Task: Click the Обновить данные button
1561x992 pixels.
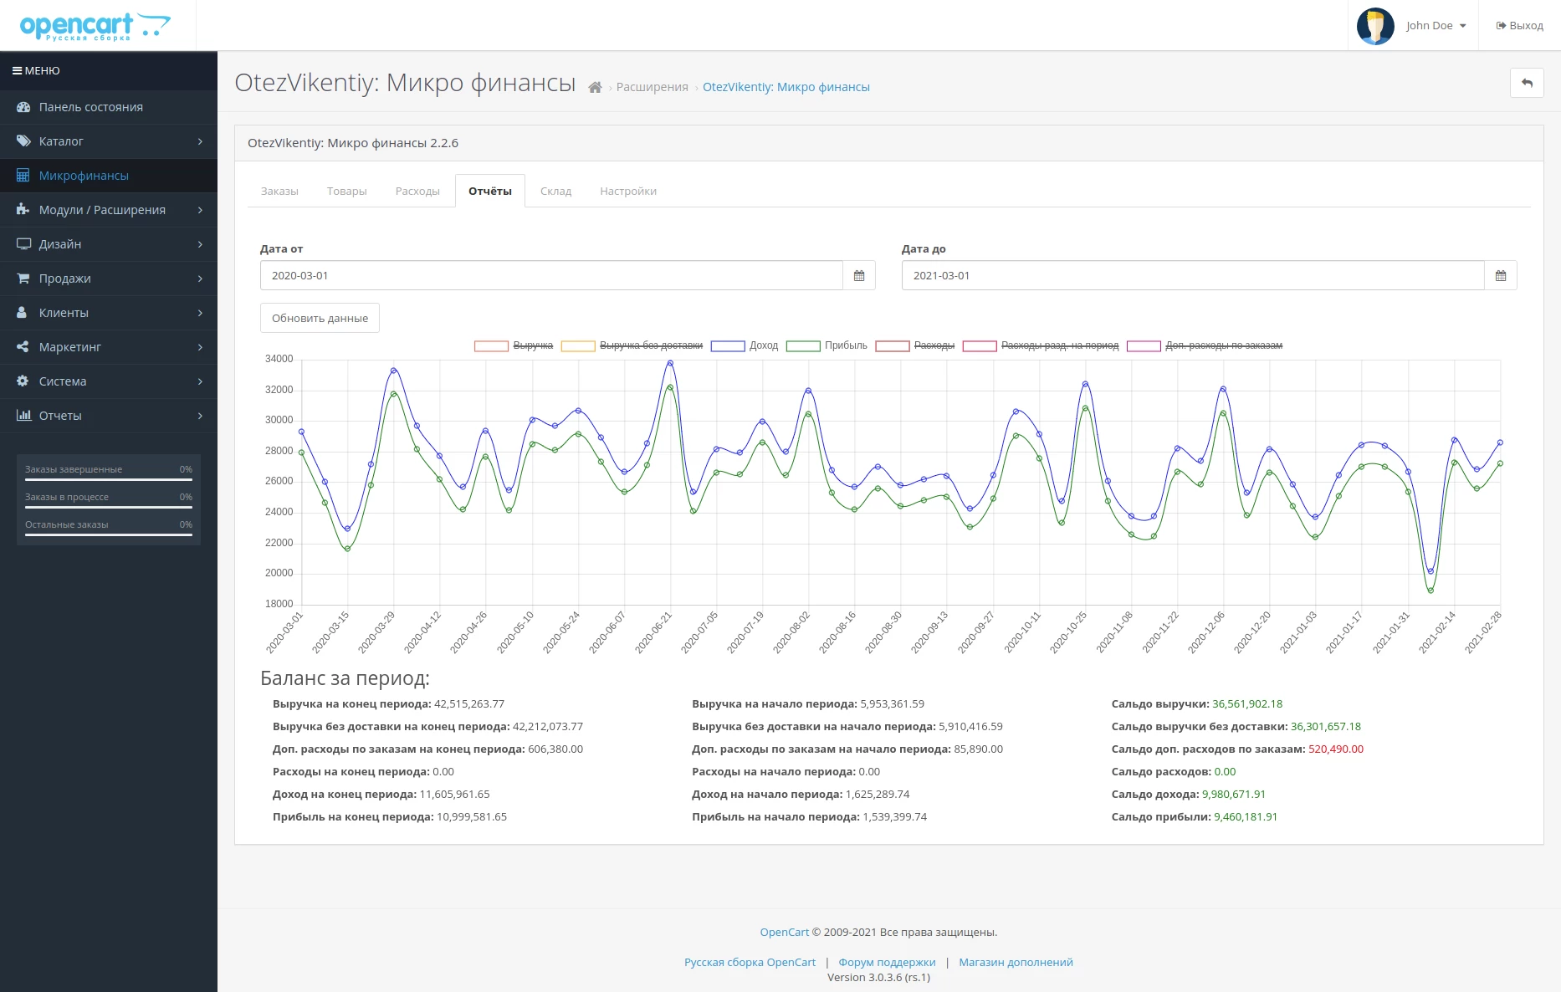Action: [320, 318]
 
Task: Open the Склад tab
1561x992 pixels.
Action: [555, 191]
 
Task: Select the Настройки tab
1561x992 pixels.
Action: [628, 191]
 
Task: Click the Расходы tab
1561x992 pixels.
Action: [417, 191]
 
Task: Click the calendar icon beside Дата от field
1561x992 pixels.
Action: [859, 275]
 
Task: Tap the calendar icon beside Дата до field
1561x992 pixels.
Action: [1501, 275]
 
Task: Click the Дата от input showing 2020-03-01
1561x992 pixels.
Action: [551, 275]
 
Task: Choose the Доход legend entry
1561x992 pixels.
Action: [745, 345]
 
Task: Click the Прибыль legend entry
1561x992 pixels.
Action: [827, 345]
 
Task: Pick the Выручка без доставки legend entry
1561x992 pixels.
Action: [632, 345]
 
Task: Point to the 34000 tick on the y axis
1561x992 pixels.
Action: [279, 359]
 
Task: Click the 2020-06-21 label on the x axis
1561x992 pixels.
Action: [654, 632]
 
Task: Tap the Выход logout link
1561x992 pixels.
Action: [1520, 25]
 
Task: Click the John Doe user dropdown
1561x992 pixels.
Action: [1412, 25]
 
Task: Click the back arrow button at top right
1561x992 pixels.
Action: [1527, 83]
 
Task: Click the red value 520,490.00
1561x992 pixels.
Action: [1336, 749]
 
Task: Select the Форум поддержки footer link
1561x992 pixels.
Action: [887, 962]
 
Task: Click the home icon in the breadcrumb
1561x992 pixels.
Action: [595, 87]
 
